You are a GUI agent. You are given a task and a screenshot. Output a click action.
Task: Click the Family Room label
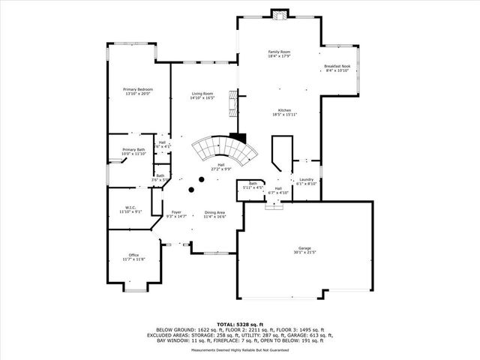point(279,52)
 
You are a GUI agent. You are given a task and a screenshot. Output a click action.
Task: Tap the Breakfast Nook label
point(337,66)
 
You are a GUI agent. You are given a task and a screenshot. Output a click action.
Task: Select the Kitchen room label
point(284,110)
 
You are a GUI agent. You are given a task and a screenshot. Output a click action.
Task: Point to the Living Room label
point(202,94)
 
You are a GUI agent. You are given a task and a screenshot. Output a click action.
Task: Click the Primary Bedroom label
point(137,89)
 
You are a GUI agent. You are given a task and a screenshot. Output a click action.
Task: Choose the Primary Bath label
point(133,149)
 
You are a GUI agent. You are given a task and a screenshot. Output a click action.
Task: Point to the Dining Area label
point(215,212)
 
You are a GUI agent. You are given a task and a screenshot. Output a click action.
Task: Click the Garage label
point(304,247)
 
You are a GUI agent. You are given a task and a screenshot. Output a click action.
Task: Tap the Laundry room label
point(305,179)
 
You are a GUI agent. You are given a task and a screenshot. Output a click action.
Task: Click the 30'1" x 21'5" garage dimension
point(304,252)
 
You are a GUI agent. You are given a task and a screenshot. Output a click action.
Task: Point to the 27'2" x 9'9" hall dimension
point(221,169)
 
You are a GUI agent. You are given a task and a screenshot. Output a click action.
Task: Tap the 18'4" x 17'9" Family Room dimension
point(279,56)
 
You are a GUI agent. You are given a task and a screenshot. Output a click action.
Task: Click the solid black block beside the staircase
point(238,138)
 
